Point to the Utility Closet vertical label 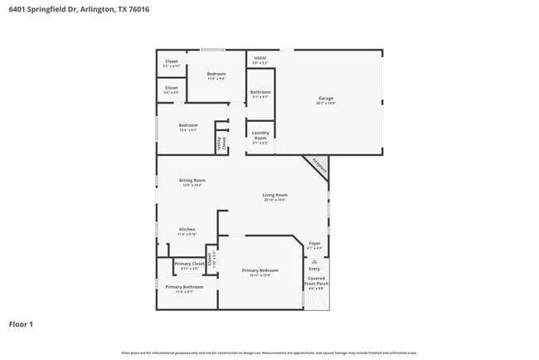click(221, 143)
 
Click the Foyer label click(314, 244)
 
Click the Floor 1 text click(21, 324)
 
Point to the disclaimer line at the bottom click(269, 353)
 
